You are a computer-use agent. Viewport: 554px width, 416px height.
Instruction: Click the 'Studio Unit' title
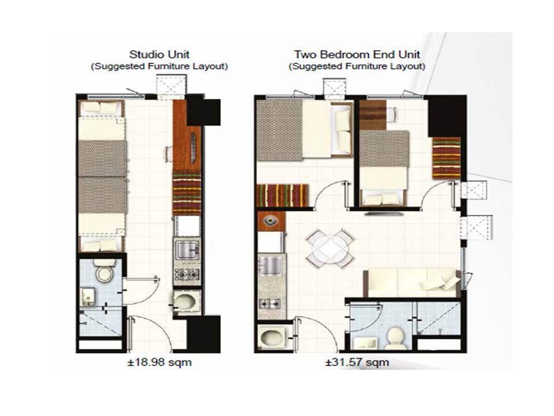tap(159, 54)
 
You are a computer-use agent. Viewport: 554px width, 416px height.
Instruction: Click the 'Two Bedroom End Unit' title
tap(357, 54)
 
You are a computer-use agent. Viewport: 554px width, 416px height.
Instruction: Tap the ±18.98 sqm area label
tap(160, 362)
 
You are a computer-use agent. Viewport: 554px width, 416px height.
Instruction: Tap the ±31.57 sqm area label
tap(357, 362)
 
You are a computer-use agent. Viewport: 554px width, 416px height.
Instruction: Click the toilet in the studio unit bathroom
tap(104, 270)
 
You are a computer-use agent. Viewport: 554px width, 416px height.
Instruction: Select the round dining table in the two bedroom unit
tap(330, 248)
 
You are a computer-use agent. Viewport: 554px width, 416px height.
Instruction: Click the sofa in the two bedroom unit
tap(412, 282)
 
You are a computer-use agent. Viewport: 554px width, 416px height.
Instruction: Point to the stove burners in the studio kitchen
tap(187, 274)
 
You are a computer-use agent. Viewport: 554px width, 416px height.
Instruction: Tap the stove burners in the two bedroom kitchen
tap(270, 303)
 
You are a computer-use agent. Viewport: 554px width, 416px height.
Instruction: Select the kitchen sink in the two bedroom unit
tap(271, 266)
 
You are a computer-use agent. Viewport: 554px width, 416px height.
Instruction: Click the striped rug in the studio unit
tap(187, 193)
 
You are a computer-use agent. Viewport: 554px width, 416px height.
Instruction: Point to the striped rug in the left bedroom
tap(282, 195)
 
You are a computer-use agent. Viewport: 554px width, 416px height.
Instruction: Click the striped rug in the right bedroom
tap(447, 157)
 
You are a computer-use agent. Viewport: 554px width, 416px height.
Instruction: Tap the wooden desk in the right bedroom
tap(373, 115)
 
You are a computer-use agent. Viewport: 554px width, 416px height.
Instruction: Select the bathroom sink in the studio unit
tap(87, 296)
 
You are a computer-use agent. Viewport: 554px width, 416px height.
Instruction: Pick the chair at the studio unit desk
tap(169, 154)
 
